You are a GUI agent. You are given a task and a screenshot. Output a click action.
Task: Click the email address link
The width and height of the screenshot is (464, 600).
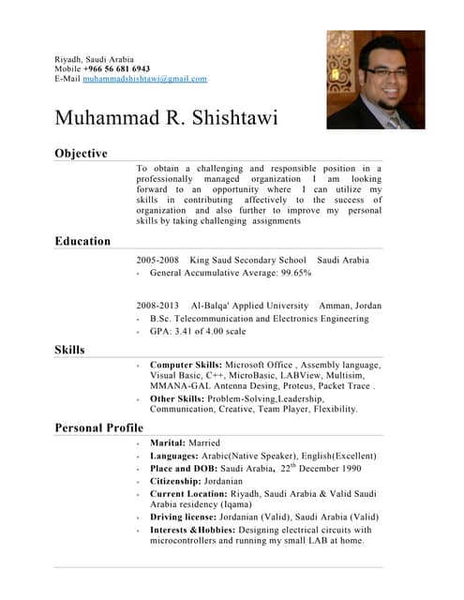[x=144, y=80]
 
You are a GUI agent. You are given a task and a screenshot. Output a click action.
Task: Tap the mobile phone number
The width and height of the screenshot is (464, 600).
[x=116, y=69]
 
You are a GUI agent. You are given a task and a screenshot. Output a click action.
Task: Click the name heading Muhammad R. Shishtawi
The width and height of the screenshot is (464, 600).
[x=166, y=119]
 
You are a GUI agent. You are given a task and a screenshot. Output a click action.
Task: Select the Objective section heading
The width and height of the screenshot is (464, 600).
[x=81, y=153]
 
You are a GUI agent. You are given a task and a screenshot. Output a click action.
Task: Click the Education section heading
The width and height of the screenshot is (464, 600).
[x=82, y=241]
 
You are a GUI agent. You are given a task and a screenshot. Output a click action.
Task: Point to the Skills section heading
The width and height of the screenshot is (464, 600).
[x=69, y=350]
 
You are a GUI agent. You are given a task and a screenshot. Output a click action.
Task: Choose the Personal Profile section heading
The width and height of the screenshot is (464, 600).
[x=98, y=427]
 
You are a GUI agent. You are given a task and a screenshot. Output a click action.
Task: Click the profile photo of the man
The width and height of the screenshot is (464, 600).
[x=375, y=80]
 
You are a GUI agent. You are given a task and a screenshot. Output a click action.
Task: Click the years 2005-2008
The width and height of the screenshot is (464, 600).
[x=157, y=259]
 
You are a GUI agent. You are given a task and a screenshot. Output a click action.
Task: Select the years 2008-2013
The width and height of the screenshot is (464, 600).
[x=157, y=306]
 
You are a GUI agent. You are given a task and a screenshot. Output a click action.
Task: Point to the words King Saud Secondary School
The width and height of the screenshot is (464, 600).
[x=247, y=259]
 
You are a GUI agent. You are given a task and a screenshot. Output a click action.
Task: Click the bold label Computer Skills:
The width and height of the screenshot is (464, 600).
[x=186, y=364]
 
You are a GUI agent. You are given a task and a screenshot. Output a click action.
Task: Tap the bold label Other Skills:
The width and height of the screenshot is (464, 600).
[x=179, y=397]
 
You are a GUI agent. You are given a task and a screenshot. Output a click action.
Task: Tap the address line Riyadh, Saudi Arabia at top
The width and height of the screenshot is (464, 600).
[x=94, y=59]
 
